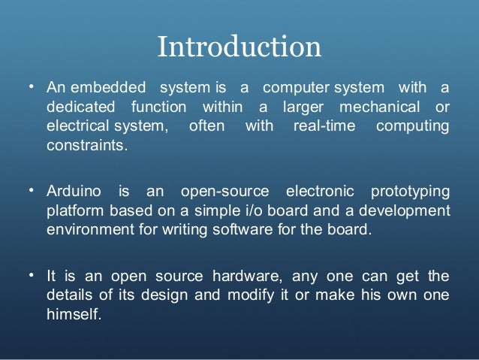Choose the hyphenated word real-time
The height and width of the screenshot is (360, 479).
pos(318,126)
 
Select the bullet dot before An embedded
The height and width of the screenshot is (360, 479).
pos(32,86)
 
